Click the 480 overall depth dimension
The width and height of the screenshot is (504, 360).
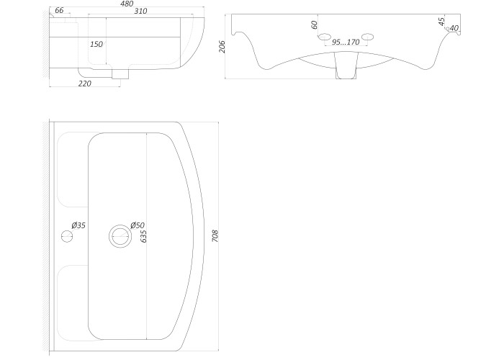(x=127, y=4)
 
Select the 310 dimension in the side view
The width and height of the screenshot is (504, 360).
(x=140, y=11)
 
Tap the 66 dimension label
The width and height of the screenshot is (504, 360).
(x=59, y=10)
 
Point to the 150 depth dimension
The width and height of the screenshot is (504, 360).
(x=96, y=44)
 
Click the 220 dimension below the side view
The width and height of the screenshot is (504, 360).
(x=85, y=84)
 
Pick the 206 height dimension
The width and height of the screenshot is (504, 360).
(x=222, y=46)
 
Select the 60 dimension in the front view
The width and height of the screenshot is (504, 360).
(x=315, y=24)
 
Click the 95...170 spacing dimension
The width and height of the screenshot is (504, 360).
(x=346, y=42)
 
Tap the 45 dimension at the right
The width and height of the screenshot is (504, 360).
(x=442, y=22)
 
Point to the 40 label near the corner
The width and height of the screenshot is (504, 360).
(x=454, y=28)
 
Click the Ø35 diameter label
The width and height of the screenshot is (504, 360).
(x=78, y=225)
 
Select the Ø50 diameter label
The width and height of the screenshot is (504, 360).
(x=138, y=225)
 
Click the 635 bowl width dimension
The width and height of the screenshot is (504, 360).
(x=144, y=236)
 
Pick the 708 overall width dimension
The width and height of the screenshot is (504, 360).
(x=215, y=236)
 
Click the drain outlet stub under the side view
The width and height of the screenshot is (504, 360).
(x=120, y=74)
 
